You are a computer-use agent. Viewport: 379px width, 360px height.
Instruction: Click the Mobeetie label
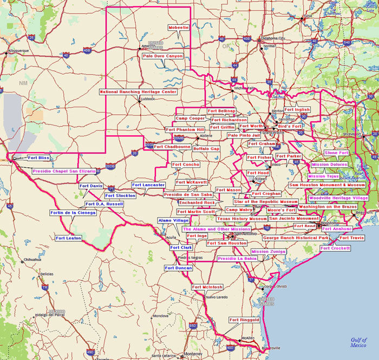[179, 28]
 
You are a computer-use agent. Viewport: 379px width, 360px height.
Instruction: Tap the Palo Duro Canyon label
[162, 56]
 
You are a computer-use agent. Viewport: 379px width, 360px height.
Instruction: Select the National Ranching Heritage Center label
[139, 92]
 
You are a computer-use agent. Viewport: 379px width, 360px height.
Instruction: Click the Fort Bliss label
[39, 158]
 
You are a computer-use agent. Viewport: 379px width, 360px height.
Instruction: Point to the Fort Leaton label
[68, 238]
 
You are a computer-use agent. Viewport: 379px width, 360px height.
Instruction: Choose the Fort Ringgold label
[244, 320]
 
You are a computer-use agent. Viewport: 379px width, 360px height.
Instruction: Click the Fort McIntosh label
[207, 287]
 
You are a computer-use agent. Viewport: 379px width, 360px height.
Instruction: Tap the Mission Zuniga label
[268, 252]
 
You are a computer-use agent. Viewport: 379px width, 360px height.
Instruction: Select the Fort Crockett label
[335, 248]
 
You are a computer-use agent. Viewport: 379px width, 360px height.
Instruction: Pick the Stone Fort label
[336, 153]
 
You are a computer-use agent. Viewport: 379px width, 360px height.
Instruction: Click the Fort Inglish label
[297, 110]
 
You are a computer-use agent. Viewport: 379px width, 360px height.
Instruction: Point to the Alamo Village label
[173, 221]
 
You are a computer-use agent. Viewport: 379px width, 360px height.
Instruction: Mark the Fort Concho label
[186, 165]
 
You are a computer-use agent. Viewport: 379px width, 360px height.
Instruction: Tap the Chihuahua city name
[32, 260]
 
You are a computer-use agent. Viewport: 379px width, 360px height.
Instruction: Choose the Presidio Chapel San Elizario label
[64, 171]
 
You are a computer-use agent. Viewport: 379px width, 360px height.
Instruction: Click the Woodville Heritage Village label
[338, 199]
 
